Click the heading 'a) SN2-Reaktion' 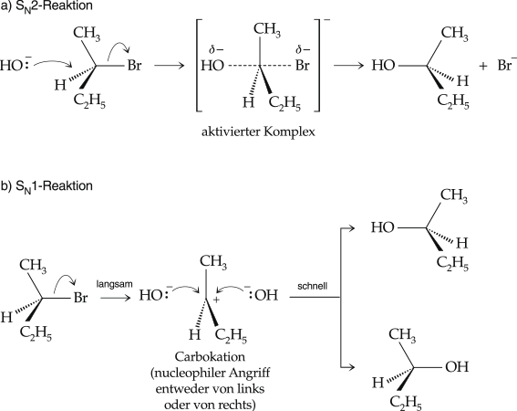(47, 6)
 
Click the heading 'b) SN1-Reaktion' (47, 186)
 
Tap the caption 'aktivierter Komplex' (258, 132)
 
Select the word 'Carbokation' (210, 357)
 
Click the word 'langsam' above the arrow (114, 284)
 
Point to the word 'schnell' (312, 286)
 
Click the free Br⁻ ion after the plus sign (507, 65)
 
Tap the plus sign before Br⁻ (482, 66)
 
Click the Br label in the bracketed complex (302, 66)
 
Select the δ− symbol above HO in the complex (216, 50)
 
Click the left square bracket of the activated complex (198, 66)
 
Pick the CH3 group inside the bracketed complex (267, 29)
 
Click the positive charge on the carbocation (216, 300)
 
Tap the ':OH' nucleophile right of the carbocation (264, 295)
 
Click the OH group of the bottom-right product (457, 367)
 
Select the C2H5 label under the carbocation (231, 335)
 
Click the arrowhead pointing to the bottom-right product (352, 367)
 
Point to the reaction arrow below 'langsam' (116, 298)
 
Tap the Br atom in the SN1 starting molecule (80, 298)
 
